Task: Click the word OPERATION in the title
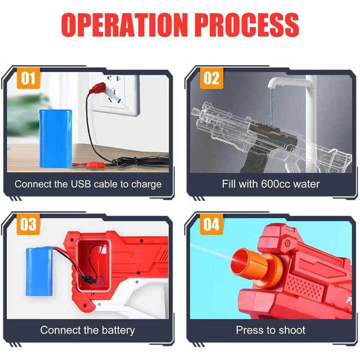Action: [x=123, y=25]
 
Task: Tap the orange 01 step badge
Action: [x=28, y=78]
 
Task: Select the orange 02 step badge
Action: [x=211, y=78]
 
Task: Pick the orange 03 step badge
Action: [x=28, y=224]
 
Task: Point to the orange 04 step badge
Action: [x=211, y=224]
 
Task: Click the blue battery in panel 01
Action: [x=56, y=139]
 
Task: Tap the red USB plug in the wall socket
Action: [x=97, y=88]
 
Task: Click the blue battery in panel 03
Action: [x=39, y=271]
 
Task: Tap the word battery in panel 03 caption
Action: [x=118, y=331]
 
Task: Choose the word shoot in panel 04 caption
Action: [x=291, y=330]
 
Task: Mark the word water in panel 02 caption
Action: [x=306, y=184]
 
